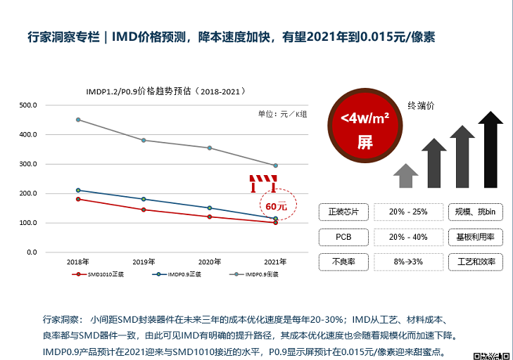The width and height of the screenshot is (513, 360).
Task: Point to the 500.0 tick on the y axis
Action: tap(27, 105)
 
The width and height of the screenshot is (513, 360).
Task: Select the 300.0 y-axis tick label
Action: tap(27, 164)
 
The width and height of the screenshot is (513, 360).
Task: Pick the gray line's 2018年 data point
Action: tap(78, 120)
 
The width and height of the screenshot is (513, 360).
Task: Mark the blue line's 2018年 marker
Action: tap(78, 190)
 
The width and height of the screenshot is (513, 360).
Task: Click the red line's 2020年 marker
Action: tap(210, 217)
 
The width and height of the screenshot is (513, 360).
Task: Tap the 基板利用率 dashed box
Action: tap(476, 237)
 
